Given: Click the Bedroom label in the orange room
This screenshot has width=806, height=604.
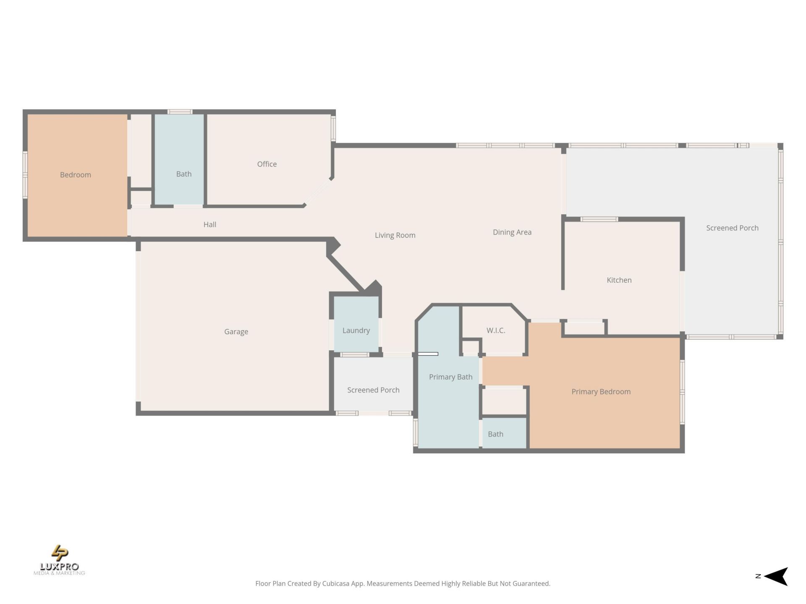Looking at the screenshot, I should (x=76, y=175).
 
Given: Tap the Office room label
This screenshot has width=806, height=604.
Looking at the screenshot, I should (x=267, y=164).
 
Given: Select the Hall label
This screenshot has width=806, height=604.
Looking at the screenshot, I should (x=210, y=224).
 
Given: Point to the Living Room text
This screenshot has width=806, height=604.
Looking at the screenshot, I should (x=395, y=235).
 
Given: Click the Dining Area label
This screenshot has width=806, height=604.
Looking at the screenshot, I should (x=512, y=232).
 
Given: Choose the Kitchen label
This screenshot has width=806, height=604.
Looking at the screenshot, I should (x=619, y=280).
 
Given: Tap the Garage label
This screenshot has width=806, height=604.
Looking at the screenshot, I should (x=236, y=331).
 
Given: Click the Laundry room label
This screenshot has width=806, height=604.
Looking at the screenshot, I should (x=356, y=330).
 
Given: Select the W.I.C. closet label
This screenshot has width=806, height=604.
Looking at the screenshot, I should (x=496, y=330).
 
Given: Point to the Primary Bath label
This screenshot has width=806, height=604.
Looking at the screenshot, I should (x=450, y=377).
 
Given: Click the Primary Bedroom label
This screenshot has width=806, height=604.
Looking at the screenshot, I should (x=601, y=391).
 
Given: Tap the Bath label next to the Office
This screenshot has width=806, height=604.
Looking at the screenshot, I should (x=184, y=174).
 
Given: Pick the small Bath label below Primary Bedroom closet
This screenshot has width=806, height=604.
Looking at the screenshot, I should (x=495, y=434).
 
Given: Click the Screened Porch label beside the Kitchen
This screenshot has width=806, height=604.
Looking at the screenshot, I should (x=732, y=228).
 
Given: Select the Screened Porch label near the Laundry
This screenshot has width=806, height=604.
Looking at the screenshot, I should (x=373, y=390).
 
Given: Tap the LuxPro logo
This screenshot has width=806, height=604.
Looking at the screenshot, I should (x=59, y=560).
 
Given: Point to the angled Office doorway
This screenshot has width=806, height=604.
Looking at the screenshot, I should (x=318, y=193).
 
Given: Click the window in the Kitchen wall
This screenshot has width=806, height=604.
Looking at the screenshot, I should (x=599, y=219).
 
